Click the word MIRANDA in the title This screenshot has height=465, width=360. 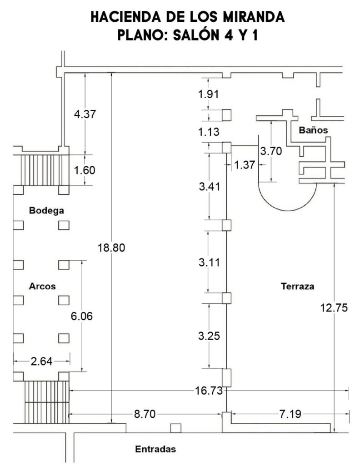tap(254, 17)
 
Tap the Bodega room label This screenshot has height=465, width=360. tap(46, 211)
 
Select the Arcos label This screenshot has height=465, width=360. tap(42, 286)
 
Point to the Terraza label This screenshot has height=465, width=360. tap(297, 286)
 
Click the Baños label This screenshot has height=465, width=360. tap(313, 130)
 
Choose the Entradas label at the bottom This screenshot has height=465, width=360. tap(155, 449)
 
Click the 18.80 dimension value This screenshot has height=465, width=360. tap(111, 247)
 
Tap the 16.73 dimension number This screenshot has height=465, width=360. tap(209, 391)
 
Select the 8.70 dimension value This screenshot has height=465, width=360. tap(145, 414)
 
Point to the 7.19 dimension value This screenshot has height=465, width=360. tap(290, 414)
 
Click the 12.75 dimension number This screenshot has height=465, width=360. tap(334, 308)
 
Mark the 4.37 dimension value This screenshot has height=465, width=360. tap(85, 114)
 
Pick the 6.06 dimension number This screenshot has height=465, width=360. tap(82, 316)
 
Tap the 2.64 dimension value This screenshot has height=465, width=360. tap(41, 361)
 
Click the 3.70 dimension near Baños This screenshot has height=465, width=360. tap(271, 151)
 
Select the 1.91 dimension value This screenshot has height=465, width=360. tap(209, 94)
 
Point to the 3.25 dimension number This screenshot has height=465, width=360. tap(209, 336)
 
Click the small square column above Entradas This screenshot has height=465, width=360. tap(176, 428)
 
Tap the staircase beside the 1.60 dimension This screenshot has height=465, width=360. tap(41, 170)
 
